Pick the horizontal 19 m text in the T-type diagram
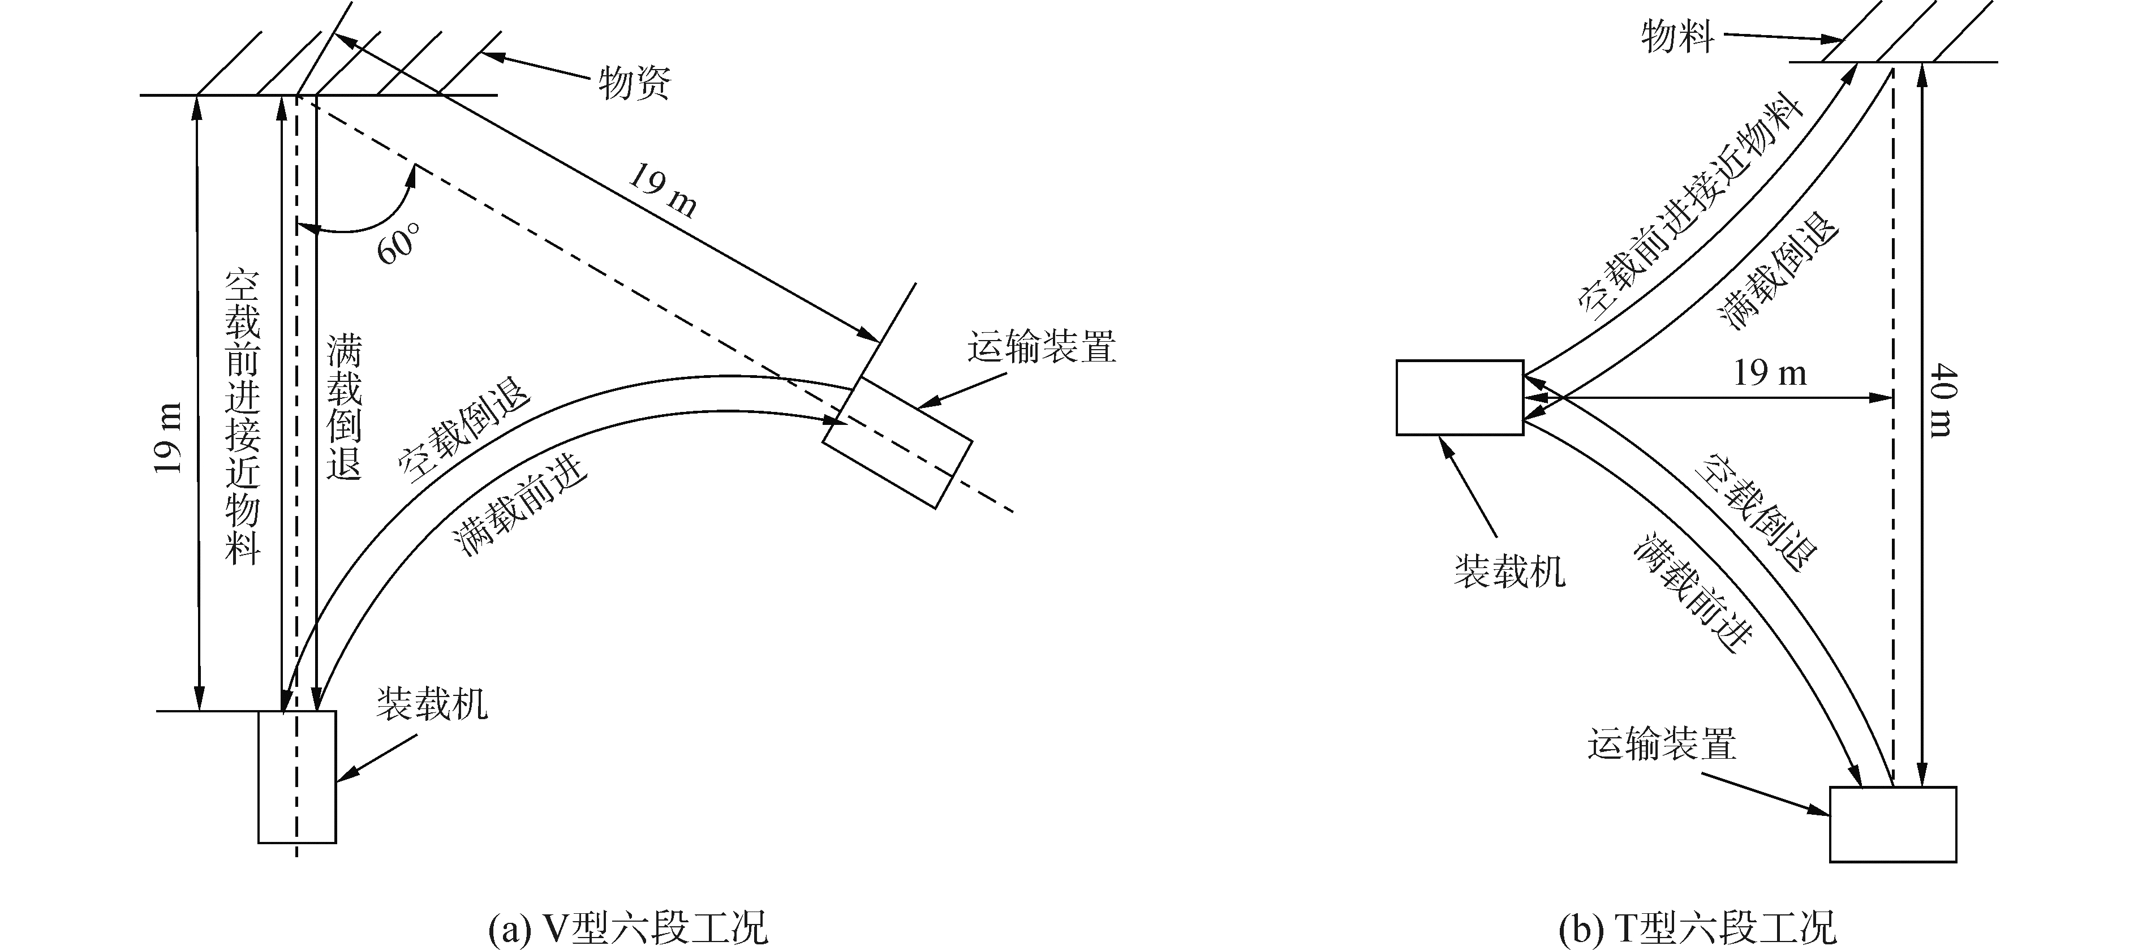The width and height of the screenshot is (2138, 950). click(1770, 373)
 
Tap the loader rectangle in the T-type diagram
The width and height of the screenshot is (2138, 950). click(1459, 397)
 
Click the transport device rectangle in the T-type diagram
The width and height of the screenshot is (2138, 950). click(1892, 824)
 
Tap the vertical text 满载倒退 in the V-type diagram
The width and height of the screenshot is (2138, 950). click(343, 407)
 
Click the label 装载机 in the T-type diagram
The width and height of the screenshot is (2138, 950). click(1509, 571)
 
